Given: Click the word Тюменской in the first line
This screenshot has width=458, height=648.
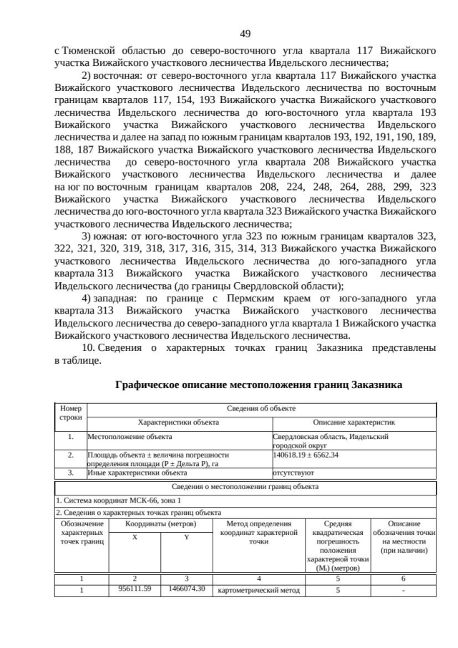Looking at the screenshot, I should tap(88, 52).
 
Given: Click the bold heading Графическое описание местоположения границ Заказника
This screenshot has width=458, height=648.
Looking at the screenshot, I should tap(258, 385).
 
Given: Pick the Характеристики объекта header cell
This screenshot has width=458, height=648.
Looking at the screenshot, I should tap(178, 422).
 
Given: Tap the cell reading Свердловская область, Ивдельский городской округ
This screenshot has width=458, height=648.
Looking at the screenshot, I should tap(330, 440).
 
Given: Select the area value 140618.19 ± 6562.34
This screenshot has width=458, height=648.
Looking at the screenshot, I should tap(306, 454).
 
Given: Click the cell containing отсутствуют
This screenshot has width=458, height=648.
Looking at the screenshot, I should tap(293, 473).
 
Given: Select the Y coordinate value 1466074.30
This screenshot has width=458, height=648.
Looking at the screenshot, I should tap(186, 589).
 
